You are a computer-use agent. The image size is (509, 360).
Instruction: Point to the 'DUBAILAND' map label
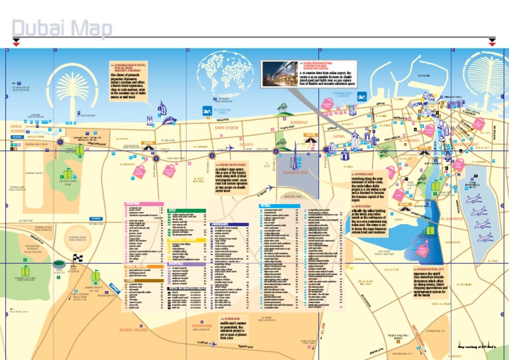point(202,326)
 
